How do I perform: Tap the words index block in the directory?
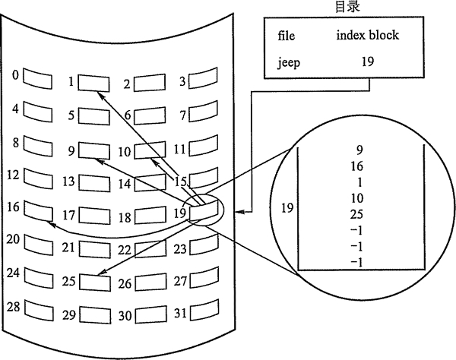[367, 36]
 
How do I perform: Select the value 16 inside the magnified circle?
[358, 166]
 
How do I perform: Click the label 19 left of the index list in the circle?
[287, 207]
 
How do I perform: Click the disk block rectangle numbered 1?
[93, 81]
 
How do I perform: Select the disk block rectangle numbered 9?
[93, 150]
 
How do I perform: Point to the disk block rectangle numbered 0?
[36, 77]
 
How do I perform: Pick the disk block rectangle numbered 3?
[202, 79]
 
